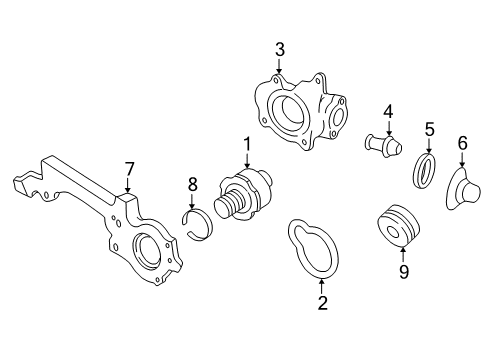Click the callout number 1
247,145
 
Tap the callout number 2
322,303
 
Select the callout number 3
280,50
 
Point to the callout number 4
388,112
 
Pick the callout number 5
429,129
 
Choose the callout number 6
462,143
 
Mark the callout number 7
129,169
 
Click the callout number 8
192,184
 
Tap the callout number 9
403,272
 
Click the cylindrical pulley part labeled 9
398,226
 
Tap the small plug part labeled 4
383,145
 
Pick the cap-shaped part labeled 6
462,189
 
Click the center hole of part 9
394,232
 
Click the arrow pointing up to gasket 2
322,287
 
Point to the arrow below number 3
279,66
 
